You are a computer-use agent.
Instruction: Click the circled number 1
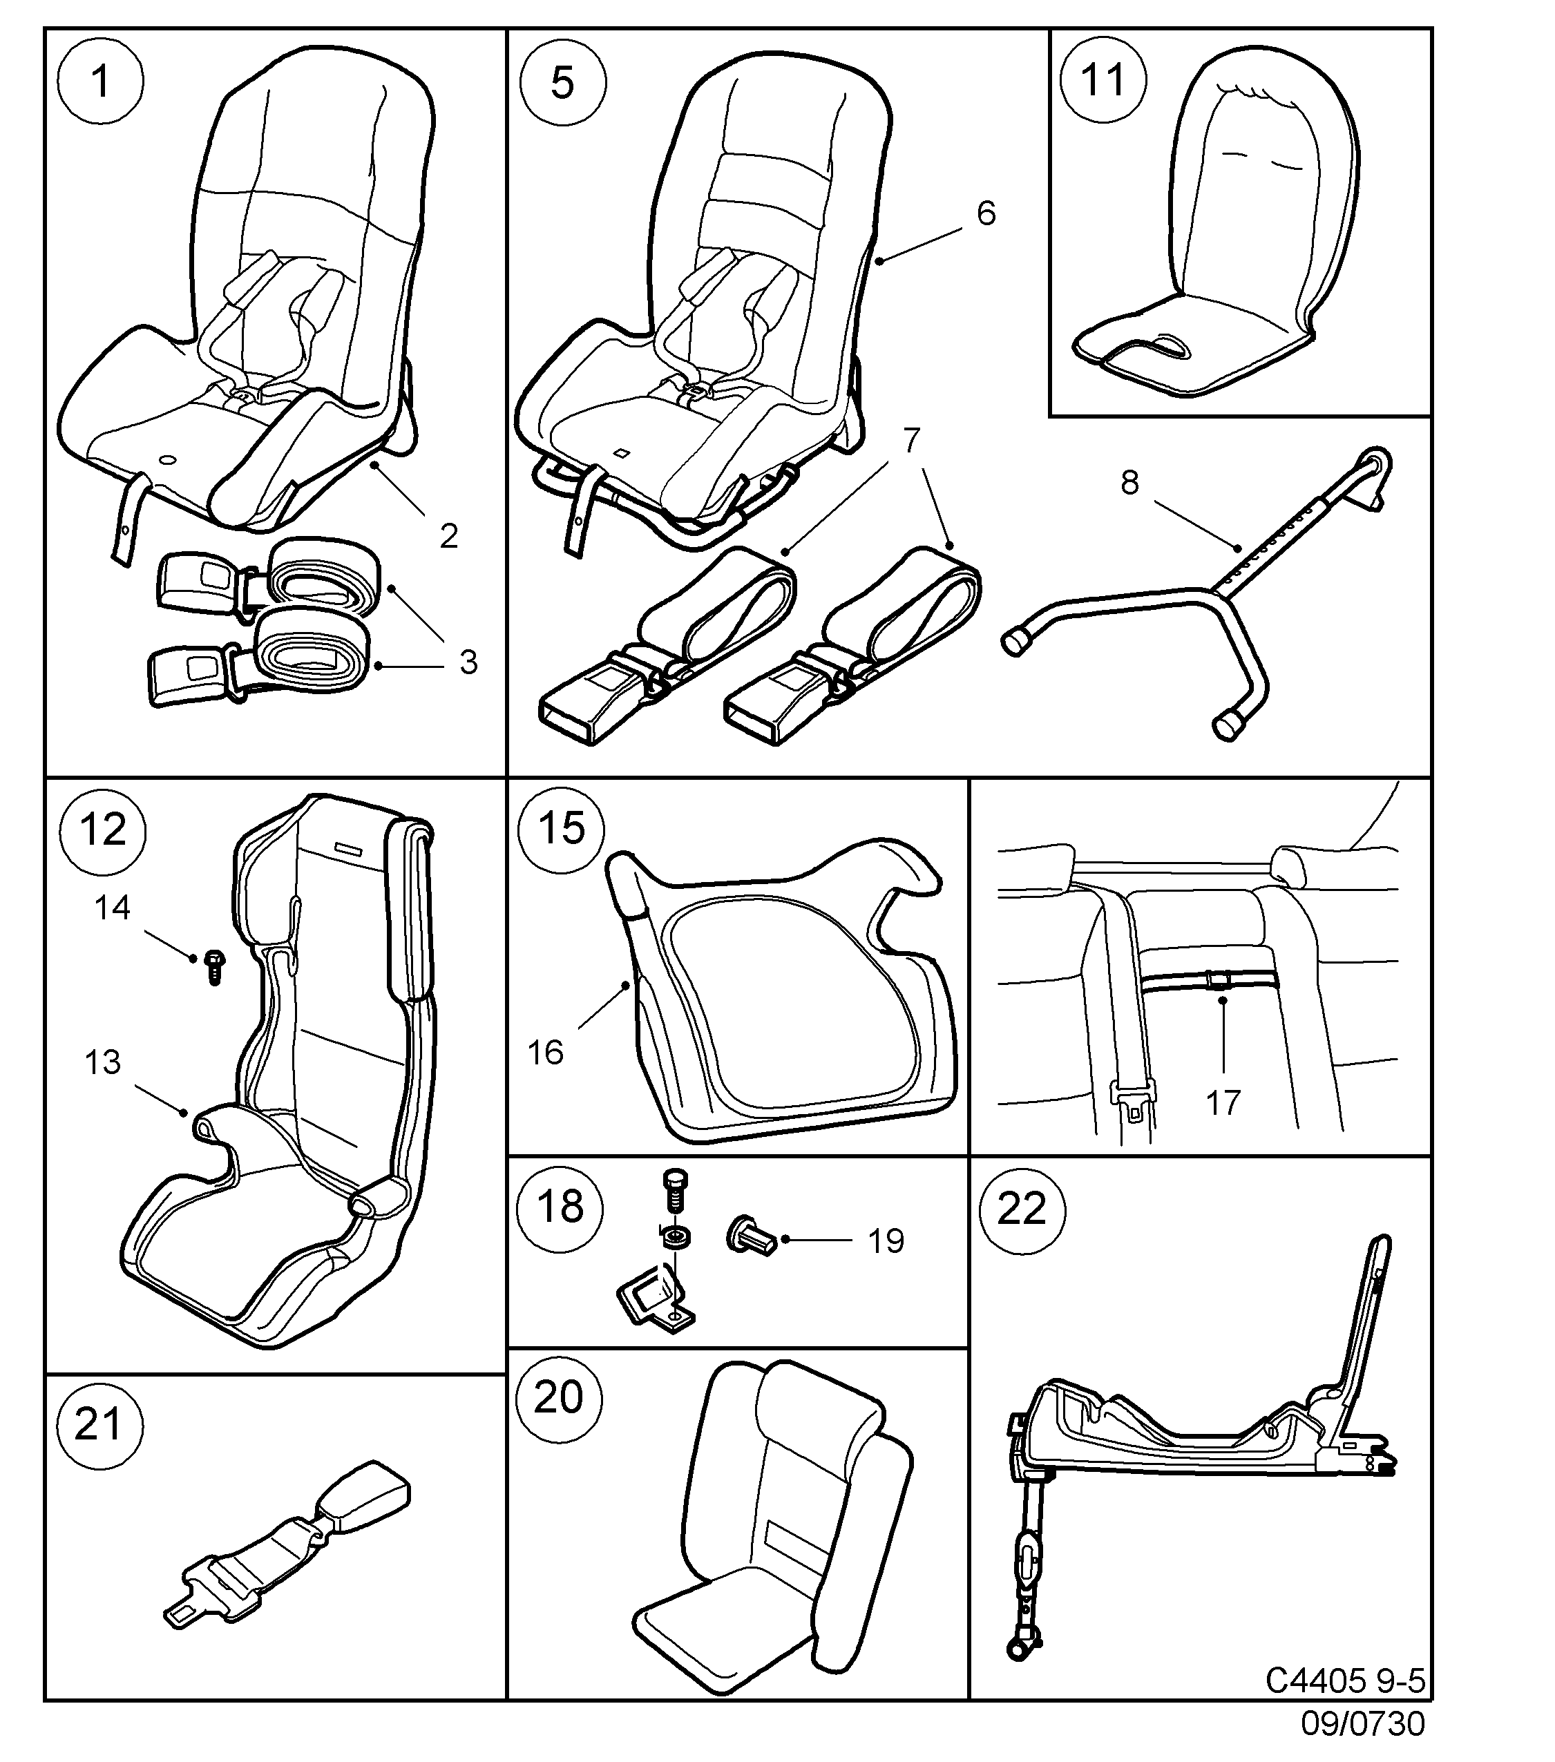(101, 83)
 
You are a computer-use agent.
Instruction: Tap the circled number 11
(1103, 80)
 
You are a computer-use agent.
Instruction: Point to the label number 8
(1130, 483)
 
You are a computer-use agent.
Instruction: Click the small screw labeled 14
(213, 967)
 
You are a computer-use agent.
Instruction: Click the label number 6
(986, 213)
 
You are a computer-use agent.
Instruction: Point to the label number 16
(546, 1053)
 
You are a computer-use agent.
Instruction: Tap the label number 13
(102, 1062)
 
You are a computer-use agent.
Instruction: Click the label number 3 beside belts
(468, 662)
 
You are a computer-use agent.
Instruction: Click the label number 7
(912, 441)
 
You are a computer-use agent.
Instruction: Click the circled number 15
(561, 827)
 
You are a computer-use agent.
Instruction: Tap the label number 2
(448, 536)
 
